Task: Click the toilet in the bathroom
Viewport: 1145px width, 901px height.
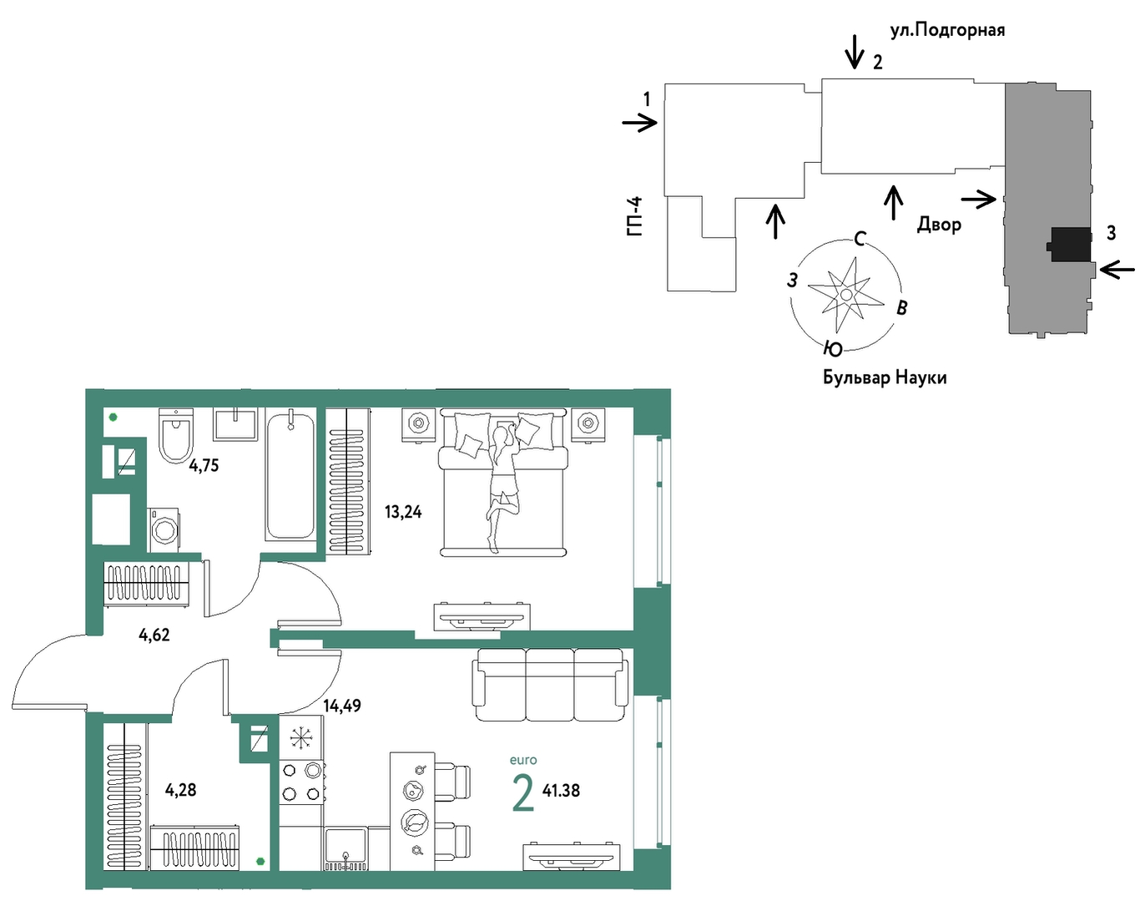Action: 176,435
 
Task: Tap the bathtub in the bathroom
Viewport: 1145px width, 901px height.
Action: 290,476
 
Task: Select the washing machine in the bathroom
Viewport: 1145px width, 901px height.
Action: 164,530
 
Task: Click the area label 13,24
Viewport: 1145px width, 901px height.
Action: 403,512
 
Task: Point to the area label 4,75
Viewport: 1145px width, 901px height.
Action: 204,466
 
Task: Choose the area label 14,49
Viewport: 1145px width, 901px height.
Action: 342,706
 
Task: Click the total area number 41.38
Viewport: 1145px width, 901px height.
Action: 561,791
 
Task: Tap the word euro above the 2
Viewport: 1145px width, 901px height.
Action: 523,761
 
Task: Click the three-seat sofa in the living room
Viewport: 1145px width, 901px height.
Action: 550,685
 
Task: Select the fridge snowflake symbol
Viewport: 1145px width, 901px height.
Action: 301,738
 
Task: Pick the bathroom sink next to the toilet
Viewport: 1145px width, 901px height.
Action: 235,424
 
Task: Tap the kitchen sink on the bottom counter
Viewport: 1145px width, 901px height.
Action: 346,849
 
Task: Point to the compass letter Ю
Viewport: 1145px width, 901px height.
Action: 833,349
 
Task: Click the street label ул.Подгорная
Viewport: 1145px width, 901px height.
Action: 947,30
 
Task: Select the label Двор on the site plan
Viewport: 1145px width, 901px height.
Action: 939,225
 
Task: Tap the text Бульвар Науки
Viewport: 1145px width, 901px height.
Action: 885,377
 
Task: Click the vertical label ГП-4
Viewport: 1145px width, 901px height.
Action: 635,216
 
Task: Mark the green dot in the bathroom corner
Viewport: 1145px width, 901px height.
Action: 113,418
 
